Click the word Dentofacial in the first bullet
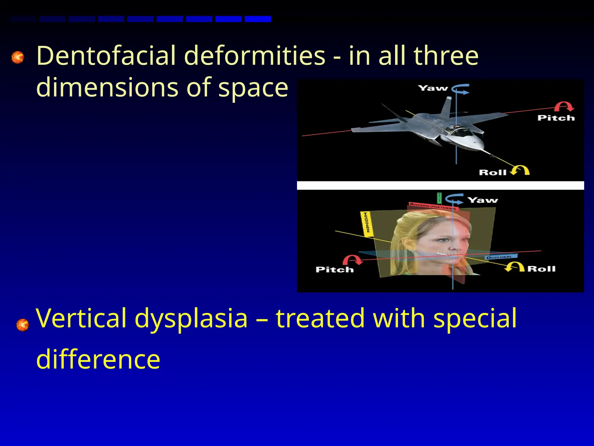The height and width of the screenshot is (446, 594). pyautogui.click(x=106, y=56)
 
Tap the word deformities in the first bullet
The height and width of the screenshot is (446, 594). pyautogui.click(x=254, y=56)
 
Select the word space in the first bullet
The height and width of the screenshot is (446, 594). pyautogui.click(x=253, y=88)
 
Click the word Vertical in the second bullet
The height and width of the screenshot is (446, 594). pyautogui.click(x=81, y=318)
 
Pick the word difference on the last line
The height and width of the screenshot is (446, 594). pyautogui.click(x=98, y=359)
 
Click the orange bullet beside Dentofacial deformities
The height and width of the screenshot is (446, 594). pyautogui.click(x=18, y=57)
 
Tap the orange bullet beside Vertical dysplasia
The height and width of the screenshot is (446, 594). pyautogui.click(x=23, y=325)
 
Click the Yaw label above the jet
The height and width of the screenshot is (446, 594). pyautogui.click(x=433, y=88)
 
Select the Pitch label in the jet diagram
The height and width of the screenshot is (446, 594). pyautogui.click(x=556, y=118)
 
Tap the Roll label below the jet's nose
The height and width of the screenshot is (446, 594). pyautogui.click(x=492, y=172)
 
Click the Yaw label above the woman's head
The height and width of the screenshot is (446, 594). pyautogui.click(x=483, y=200)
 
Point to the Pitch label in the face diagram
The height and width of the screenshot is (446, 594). pyautogui.click(x=334, y=270)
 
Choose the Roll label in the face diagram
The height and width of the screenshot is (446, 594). pyautogui.click(x=541, y=269)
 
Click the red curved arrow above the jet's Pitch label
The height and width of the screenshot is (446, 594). pyautogui.click(x=564, y=107)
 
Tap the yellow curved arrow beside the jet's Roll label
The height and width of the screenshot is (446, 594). pyautogui.click(x=520, y=170)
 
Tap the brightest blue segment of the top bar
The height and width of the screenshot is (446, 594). pyautogui.click(x=258, y=19)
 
